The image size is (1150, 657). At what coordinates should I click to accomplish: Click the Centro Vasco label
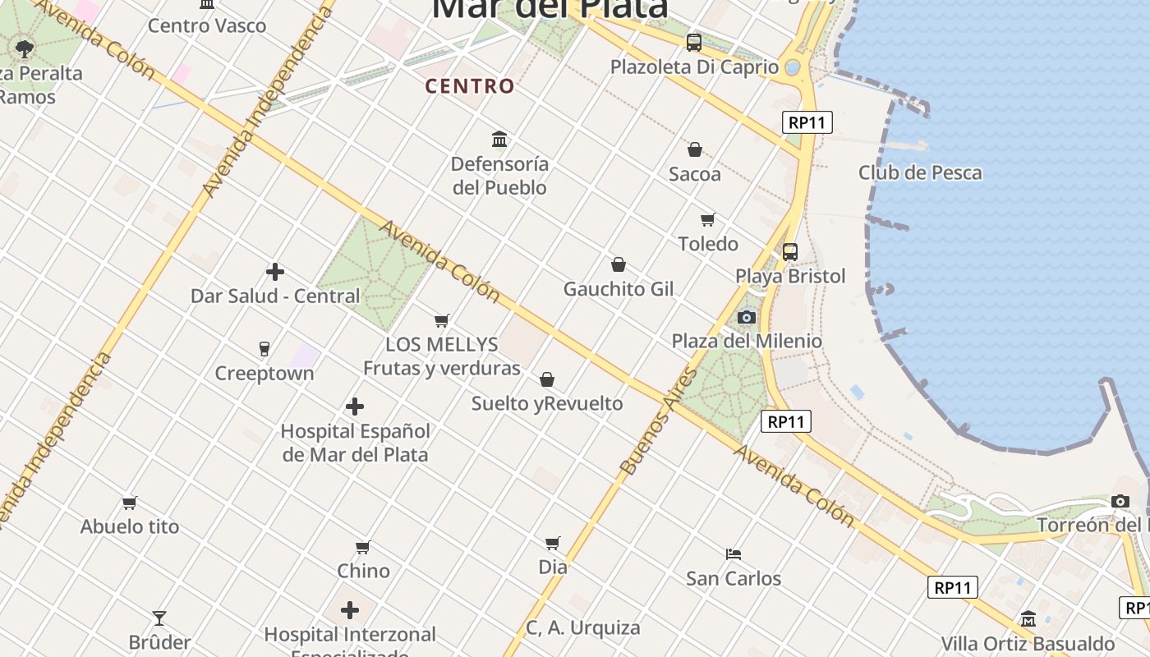point(207,25)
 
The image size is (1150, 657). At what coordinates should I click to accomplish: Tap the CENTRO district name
point(470,86)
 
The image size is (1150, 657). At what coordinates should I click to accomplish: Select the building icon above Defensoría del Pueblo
point(499,139)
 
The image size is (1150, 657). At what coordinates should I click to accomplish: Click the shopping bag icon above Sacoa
point(695,149)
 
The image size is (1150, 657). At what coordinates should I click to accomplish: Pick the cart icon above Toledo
point(708,219)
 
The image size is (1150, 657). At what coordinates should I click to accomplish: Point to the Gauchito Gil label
point(618,289)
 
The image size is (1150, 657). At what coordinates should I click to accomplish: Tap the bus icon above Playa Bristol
point(790,252)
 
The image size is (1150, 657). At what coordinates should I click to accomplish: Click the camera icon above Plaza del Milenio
point(747,317)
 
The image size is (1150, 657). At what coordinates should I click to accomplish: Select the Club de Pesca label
point(920,172)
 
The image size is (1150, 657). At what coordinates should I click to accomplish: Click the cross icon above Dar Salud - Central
point(275,272)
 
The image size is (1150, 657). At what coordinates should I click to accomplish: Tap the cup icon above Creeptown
point(264,349)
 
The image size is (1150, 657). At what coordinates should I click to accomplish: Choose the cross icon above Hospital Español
point(355,407)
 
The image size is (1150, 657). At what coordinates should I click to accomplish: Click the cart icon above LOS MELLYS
point(442,320)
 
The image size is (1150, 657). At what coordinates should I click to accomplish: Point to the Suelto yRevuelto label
point(547,403)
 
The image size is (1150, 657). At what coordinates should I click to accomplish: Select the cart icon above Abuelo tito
point(130,503)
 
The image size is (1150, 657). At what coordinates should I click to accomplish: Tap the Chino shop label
point(363,570)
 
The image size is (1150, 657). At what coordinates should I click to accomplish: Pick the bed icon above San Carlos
point(734,554)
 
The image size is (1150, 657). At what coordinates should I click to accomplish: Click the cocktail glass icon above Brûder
point(159,618)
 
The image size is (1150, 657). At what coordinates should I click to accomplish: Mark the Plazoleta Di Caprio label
point(694,67)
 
